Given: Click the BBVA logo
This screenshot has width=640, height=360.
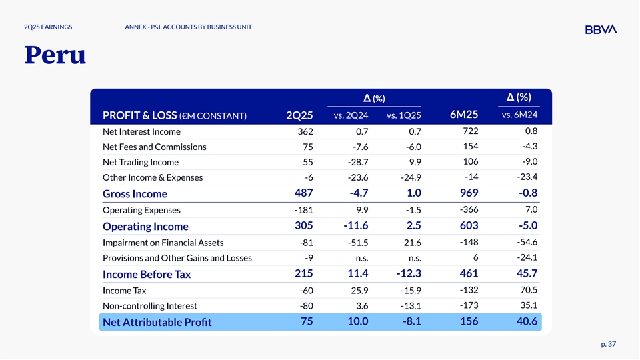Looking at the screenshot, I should tap(600, 29).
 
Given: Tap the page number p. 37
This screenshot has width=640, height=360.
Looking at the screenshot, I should tap(608, 344).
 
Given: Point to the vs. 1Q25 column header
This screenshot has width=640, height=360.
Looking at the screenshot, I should tap(404, 117).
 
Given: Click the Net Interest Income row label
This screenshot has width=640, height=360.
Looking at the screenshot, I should tap(141, 131).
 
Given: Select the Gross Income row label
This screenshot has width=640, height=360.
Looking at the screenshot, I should tap(135, 194).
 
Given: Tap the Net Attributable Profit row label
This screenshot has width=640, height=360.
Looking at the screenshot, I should tap(157, 323).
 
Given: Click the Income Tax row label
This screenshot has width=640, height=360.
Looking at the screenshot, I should tap(124, 291).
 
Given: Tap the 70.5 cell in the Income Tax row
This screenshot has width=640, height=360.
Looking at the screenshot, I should tap(527, 289).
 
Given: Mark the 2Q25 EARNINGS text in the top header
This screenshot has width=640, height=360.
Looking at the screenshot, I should tap(48, 27).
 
